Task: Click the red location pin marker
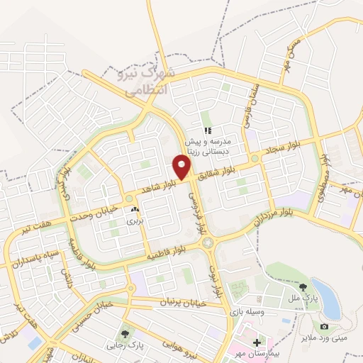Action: pos(182,167)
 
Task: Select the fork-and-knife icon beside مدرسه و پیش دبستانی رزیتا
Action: pos(208,130)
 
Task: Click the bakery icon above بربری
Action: pos(135,210)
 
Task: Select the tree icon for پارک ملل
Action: pos(303,286)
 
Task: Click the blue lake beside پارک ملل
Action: pos(325,298)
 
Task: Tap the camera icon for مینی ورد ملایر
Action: pos(324,326)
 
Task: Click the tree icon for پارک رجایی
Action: pos(125,333)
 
